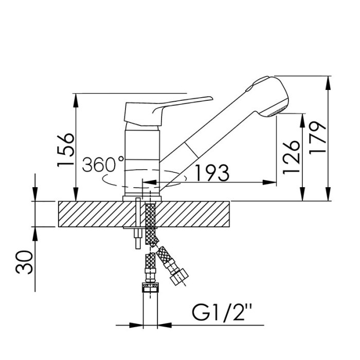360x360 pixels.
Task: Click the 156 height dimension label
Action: click(66, 150)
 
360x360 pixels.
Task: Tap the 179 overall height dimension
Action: click(317, 138)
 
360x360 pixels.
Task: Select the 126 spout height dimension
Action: click(292, 157)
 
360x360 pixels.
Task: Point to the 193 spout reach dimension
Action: click(212, 172)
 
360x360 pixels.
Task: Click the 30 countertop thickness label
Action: click(24, 262)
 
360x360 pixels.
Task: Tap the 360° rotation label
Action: click(103, 164)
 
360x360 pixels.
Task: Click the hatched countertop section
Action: click(144, 214)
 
